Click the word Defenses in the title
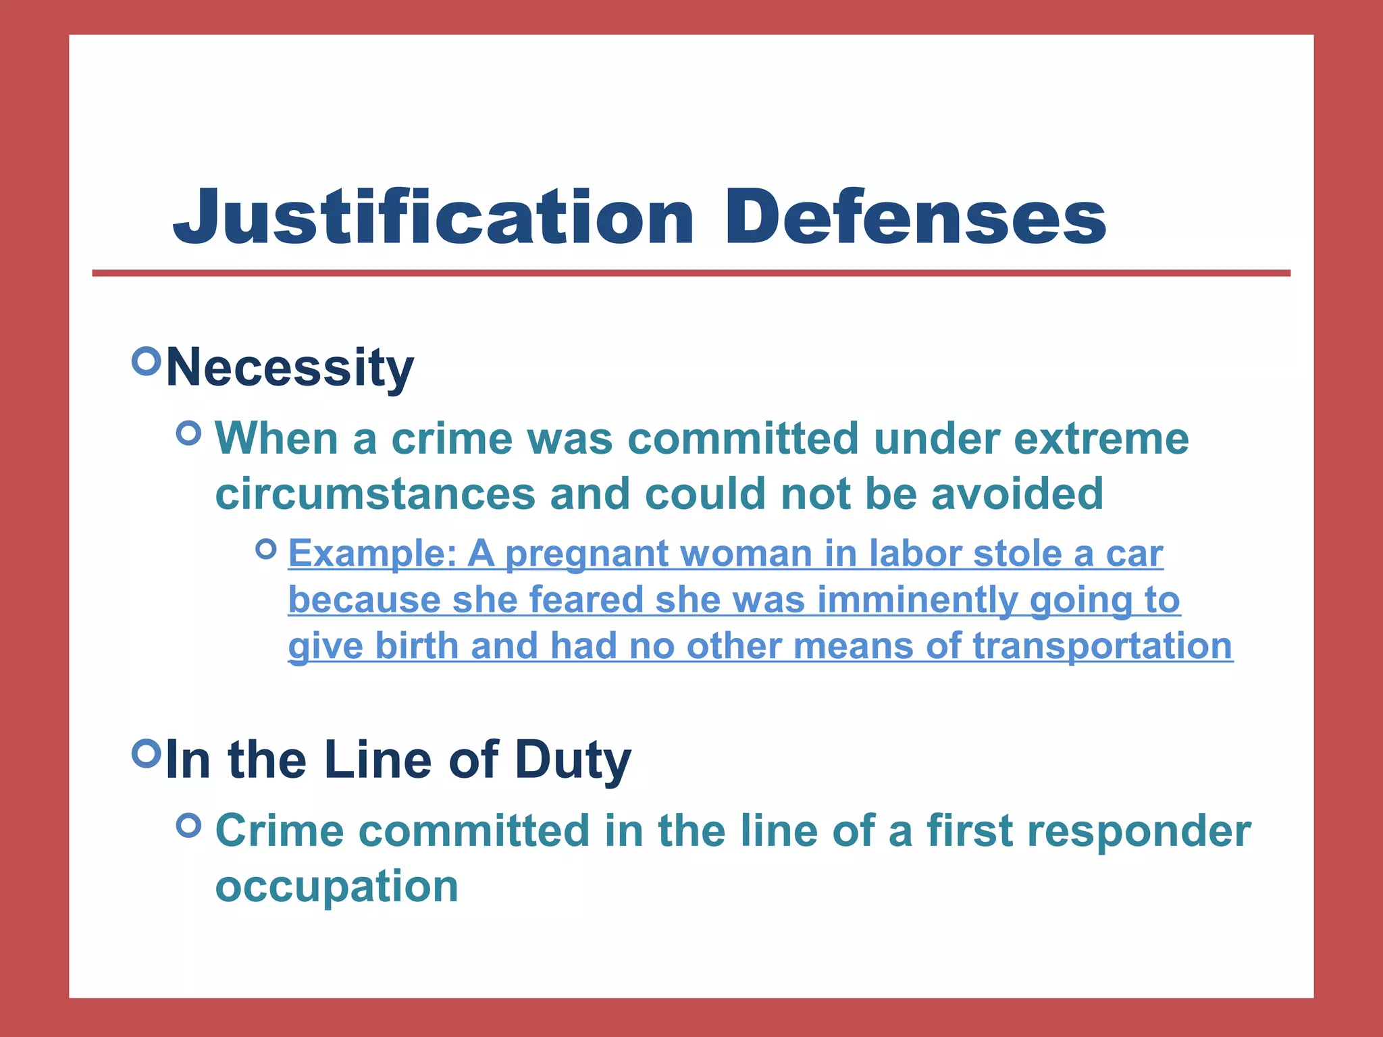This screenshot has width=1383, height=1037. (914, 217)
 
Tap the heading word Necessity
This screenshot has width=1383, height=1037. (290, 368)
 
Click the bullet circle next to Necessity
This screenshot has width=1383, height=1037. (147, 361)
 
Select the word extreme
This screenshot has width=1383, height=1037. (1101, 439)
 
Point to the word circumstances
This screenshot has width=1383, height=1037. (375, 494)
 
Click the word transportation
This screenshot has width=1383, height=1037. (1102, 646)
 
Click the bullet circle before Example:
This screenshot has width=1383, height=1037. (267, 549)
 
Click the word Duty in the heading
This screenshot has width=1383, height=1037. (573, 760)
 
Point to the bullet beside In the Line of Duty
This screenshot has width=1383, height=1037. (147, 753)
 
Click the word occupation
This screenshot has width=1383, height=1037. (336, 886)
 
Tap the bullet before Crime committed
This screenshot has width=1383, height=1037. (188, 825)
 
